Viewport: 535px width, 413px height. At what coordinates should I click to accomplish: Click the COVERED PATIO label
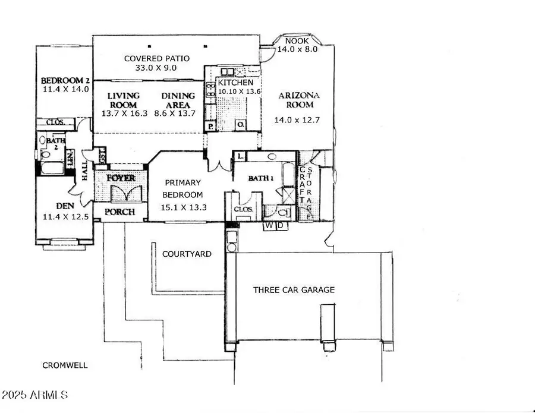tap(156, 58)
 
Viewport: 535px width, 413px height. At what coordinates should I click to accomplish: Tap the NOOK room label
tap(297, 40)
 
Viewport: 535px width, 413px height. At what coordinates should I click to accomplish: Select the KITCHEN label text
tap(235, 83)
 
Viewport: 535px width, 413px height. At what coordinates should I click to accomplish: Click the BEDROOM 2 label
tap(65, 81)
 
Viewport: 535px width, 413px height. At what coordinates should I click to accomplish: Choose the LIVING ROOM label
tap(124, 100)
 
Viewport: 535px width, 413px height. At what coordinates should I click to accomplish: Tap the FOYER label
tap(121, 178)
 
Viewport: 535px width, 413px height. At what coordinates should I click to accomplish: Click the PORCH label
tap(120, 212)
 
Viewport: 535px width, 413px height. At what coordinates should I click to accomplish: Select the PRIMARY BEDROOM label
tap(183, 188)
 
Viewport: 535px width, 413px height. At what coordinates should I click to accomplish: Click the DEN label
tap(65, 206)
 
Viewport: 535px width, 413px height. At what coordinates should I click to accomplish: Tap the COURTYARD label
tap(187, 254)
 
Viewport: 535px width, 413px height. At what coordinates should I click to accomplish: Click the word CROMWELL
tap(65, 365)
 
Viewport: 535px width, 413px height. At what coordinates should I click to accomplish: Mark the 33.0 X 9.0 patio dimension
tap(157, 68)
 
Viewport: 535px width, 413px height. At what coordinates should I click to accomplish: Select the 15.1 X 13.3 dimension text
tap(183, 207)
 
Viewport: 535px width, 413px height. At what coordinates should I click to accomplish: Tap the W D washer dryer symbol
tap(275, 225)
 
